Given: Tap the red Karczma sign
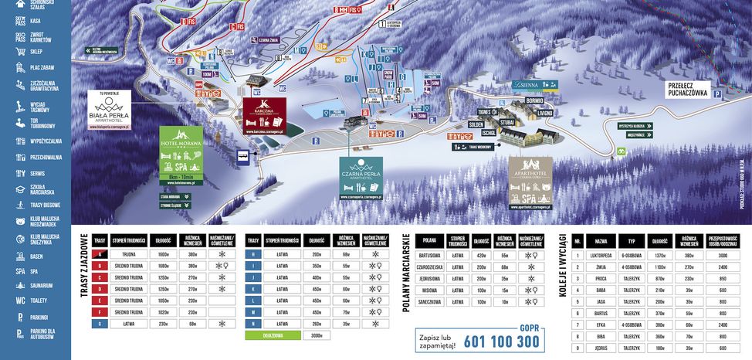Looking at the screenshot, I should point(264,117).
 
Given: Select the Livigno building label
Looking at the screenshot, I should point(545,113).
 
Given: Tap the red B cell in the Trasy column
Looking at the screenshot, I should point(99,265).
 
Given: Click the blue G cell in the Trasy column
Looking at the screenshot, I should point(99,324).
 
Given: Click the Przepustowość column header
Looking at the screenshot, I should point(724,240).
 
